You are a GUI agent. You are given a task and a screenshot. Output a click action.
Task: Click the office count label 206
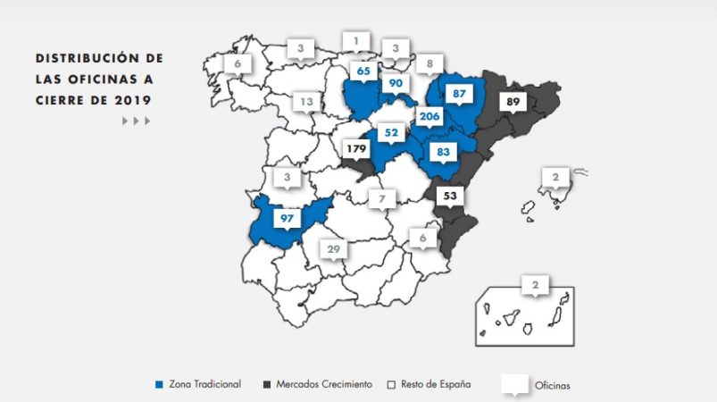tap(430, 117)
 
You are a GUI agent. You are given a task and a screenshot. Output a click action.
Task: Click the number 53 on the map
tap(449, 196)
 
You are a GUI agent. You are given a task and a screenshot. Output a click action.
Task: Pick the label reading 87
tap(460, 94)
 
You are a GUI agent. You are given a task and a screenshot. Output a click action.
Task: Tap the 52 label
tap(390, 133)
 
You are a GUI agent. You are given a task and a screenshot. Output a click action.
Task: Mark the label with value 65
tap(363, 71)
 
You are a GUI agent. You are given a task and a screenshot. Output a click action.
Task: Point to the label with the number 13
tap(306, 102)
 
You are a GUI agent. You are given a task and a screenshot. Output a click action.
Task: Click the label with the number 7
tap(381, 197)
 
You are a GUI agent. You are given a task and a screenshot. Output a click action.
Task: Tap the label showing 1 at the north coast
tap(356, 40)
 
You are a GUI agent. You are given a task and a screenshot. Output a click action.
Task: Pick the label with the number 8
tap(429, 63)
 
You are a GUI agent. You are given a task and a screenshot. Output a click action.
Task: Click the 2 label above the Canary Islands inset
tap(535, 286)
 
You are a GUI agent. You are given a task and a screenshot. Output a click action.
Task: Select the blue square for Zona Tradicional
tap(159, 384)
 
